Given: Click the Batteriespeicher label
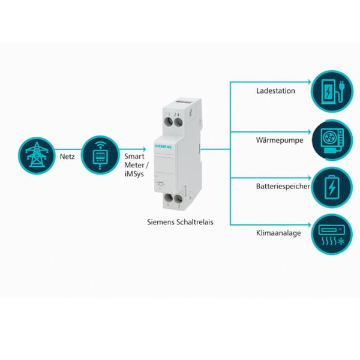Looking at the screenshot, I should point(283,187).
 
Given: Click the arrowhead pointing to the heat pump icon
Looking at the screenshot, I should point(308,131).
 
